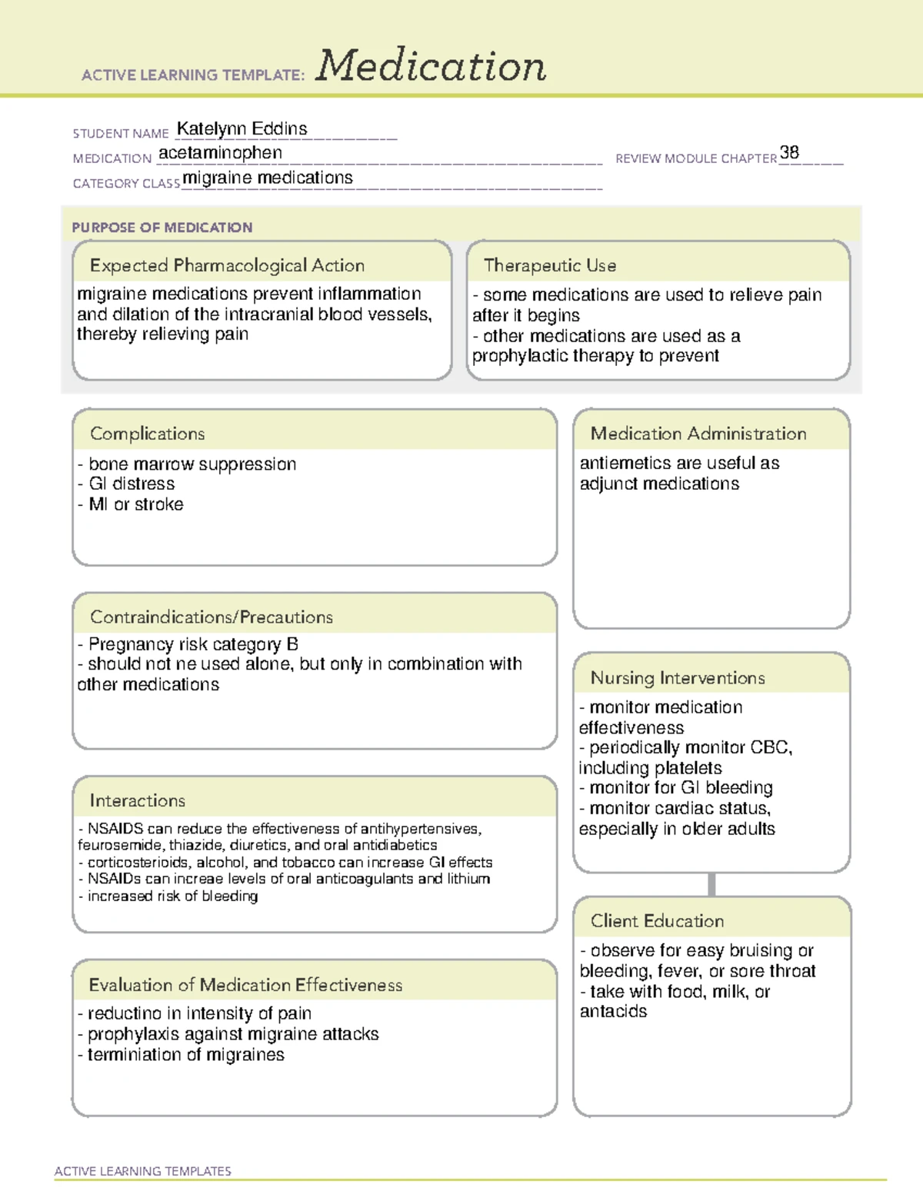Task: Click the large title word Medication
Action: tap(431, 66)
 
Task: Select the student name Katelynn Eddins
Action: tap(242, 129)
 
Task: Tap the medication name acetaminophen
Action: tap(220, 153)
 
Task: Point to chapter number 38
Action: tap(789, 152)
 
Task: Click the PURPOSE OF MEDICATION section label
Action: tap(162, 228)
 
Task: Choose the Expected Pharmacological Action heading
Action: tap(227, 266)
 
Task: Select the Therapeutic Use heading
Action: tap(550, 266)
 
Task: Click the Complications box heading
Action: tap(148, 434)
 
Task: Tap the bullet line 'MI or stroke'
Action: tap(135, 504)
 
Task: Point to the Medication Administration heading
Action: tap(698, 434)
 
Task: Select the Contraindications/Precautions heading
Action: tap(212, 617)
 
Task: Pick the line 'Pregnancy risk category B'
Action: tap(192, 644)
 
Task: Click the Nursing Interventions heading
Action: tap(678, 678)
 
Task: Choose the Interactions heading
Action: tap(138, 801)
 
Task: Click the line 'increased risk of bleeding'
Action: tap(172, 896)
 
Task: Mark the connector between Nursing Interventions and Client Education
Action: tap(711, 885)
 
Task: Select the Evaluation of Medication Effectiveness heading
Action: tap(245, 986)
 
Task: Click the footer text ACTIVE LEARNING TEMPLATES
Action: tap(143, 1171)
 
